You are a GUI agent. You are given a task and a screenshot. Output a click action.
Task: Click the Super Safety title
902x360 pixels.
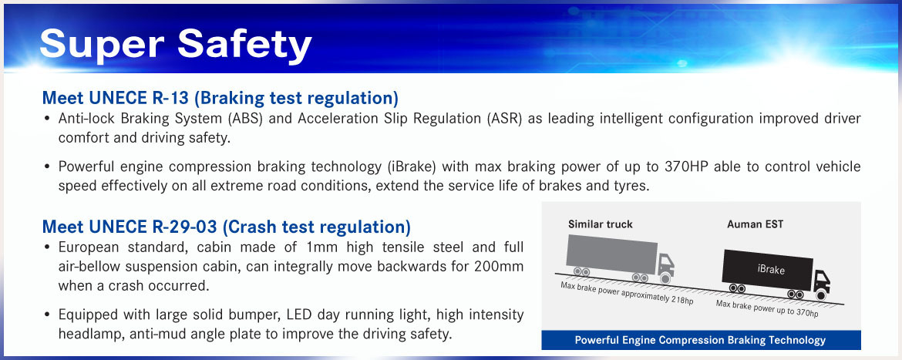point(176,44)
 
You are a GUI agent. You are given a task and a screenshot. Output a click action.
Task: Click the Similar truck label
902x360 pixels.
point(600,224)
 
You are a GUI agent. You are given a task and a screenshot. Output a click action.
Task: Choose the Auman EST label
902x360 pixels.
point(755,224)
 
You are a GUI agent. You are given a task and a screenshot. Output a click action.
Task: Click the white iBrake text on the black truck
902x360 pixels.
point(771,269)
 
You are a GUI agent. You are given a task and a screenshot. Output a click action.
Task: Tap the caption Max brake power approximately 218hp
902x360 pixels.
point(627,293)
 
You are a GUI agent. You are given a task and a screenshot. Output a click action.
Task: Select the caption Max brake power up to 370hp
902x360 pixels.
point(767,309)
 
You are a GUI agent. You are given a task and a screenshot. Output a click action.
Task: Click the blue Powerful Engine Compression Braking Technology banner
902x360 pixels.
point(701,340)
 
